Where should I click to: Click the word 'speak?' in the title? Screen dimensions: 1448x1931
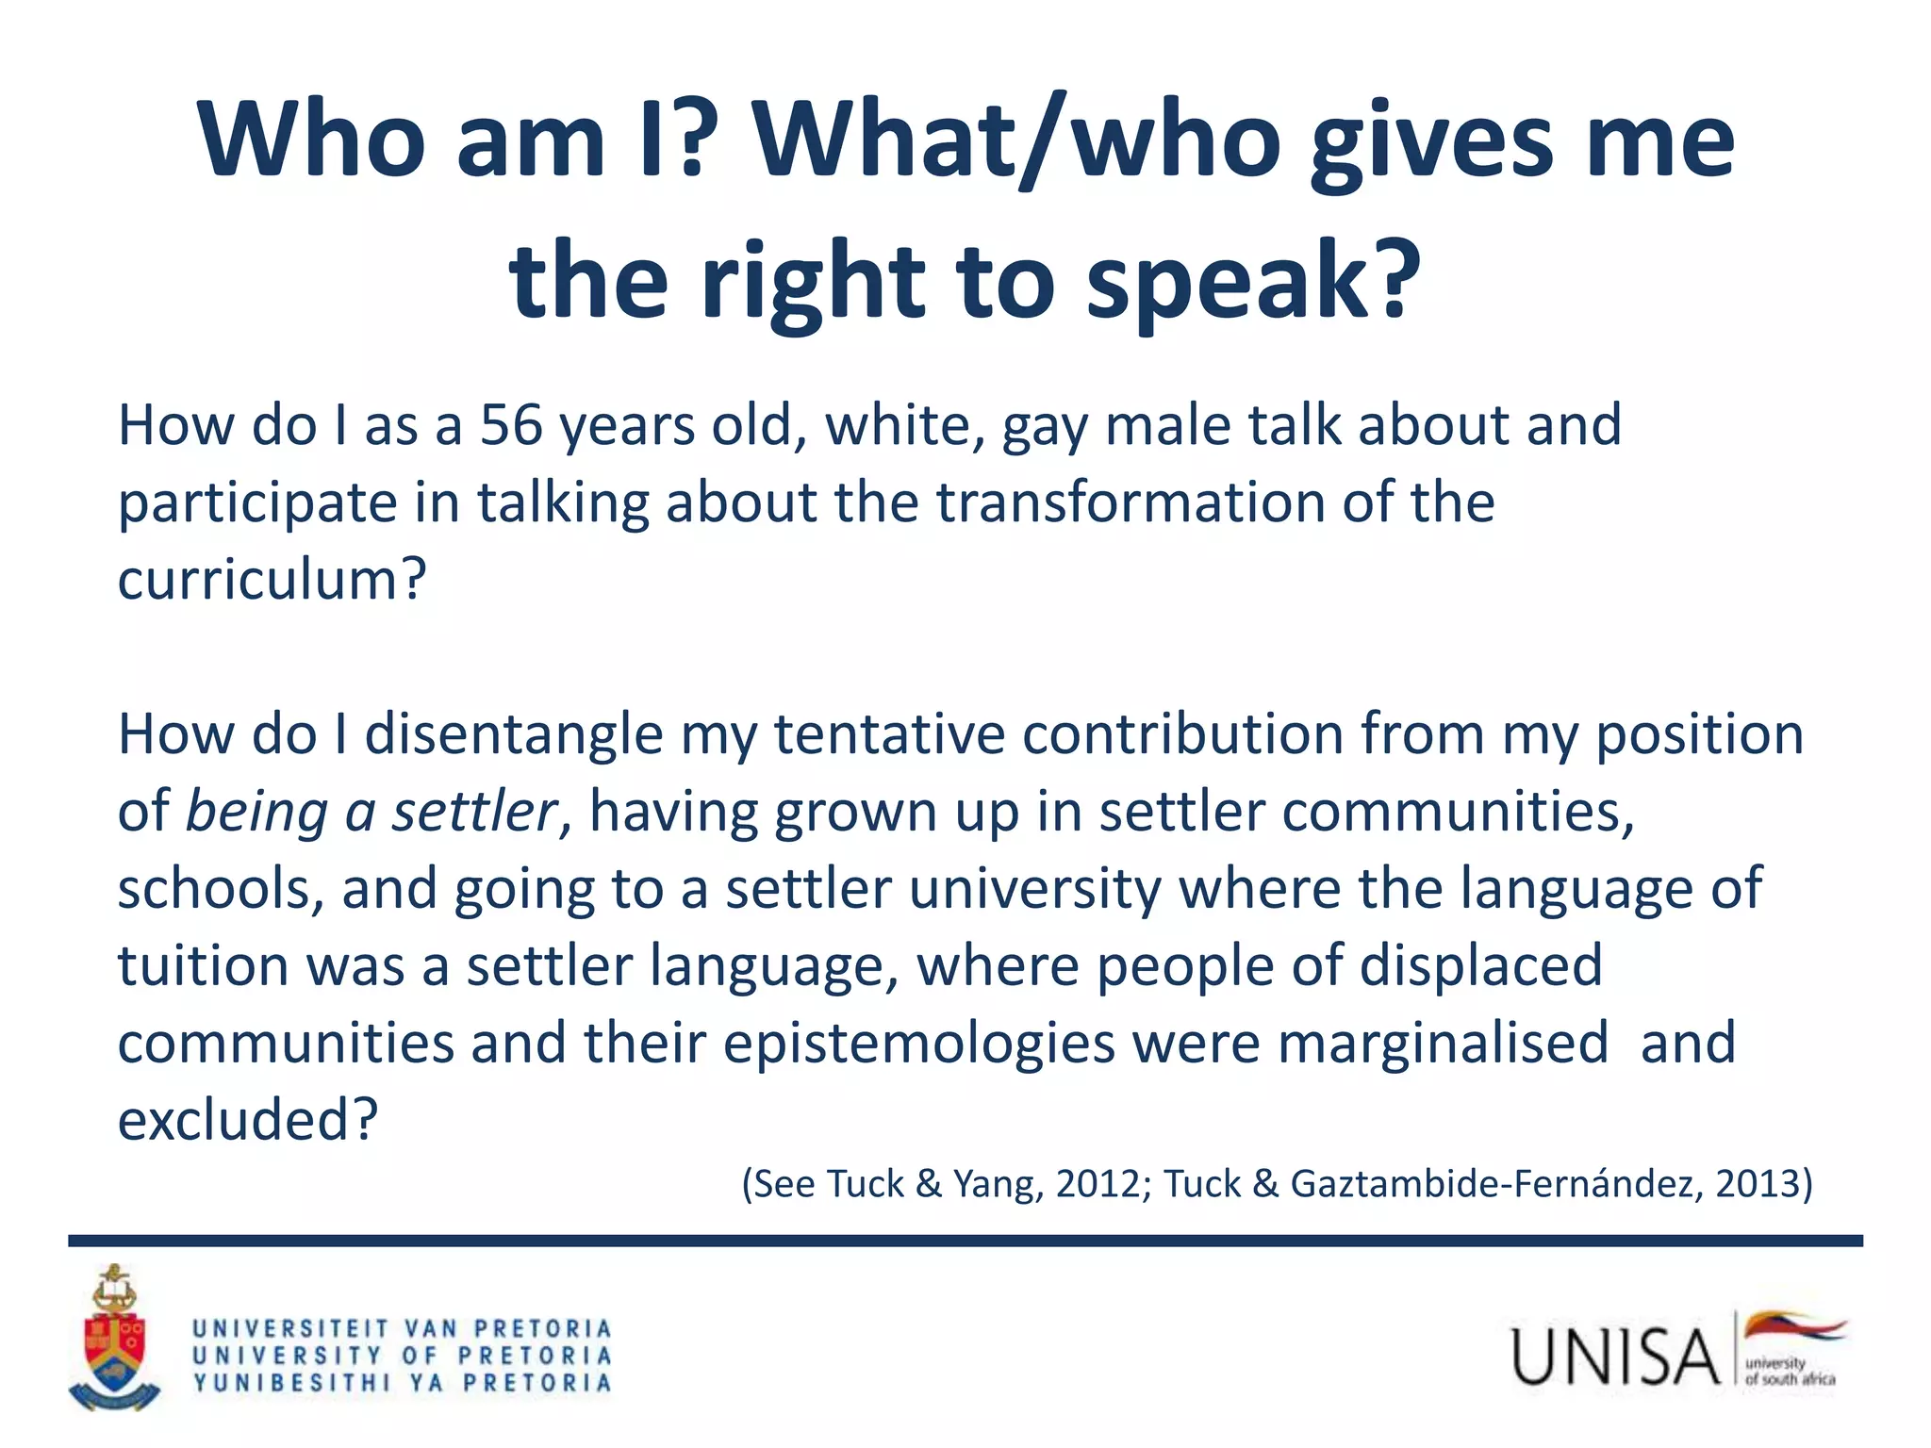pyautogui.click(x=1253, y=280)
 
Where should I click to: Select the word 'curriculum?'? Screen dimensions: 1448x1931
pyautogui.click(x=272, y=579)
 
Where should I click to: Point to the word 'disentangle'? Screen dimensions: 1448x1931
pyautogui.click(x=514, y=734)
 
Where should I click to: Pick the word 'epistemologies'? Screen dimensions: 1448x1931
pyautogui.click(x=919, y=1044)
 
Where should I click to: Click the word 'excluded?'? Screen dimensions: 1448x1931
pyautogui.click(x=247, y=1121)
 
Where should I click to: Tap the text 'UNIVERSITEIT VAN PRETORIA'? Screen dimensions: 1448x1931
pyautogui.click(x=403, y=1329)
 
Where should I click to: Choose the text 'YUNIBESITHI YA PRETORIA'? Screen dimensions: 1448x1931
pyautogui.click(x=403, y=1383)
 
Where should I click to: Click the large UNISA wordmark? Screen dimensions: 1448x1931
pyautogui.click(x=1615, y=1357)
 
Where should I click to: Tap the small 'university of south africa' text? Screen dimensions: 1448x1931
pyautogui.click(x=1789, y=1372)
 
